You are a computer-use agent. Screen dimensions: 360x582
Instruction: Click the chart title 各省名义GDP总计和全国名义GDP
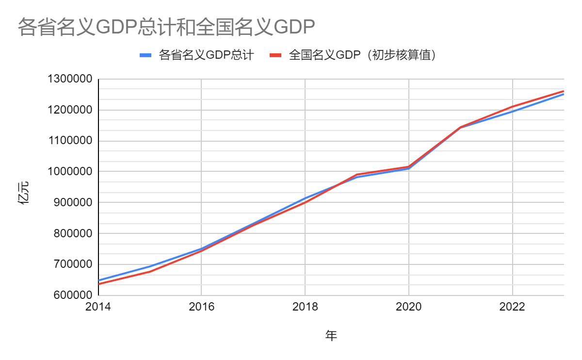click(x=166, y=28)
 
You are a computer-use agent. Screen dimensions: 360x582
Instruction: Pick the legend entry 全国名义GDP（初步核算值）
click(x=362, y=55)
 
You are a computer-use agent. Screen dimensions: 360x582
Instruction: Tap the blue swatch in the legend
click(x=146, y=55)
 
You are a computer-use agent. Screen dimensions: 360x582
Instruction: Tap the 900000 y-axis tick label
click(x=72, y=203)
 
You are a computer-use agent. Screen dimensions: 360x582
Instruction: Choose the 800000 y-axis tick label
click(x=72, y=234)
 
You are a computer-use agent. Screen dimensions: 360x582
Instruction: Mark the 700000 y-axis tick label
click(x=72, y=264)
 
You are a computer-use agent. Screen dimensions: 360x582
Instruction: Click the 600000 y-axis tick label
click(x=72, y=295)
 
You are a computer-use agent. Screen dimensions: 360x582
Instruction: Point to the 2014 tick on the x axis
click(x=98, y=307)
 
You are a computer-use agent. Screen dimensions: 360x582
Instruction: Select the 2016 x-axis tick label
click(x=201, y=307)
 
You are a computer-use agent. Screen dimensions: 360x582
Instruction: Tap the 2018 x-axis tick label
click(x=305, y=307)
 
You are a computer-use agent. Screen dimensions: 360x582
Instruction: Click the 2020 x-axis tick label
click(x=409, y=307)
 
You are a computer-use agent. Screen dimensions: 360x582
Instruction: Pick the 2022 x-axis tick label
click(x=512, y=307)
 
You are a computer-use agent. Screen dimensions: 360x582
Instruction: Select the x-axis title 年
click(x=331, y=335)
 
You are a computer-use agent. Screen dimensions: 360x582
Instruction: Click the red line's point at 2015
click(x=150, y=272)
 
